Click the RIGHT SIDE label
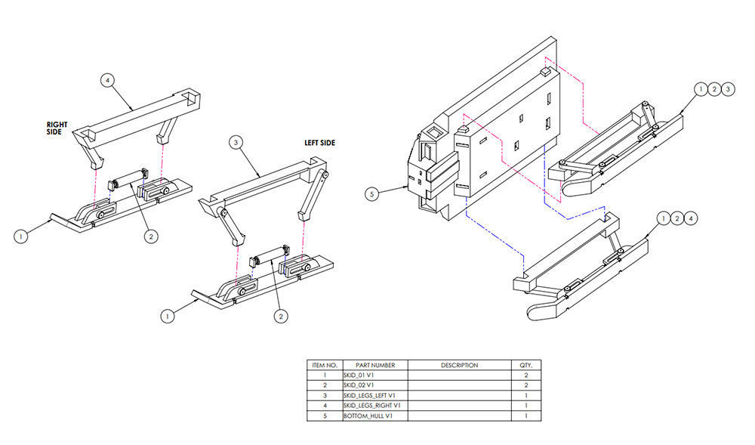pyautogui.click(x=57, y=128)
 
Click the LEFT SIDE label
pyautogui.click(x=319, y=143)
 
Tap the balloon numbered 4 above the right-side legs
pyautogui.click(x=107, y=80)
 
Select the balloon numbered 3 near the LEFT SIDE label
pyautogui.click(x=236, y=142)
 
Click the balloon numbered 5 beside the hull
pyautogui.click(x=371, y=194)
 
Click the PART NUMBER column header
pyautogui.click(x=375, y=365)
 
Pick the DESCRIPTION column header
pyautogui.click(x=459, y=365)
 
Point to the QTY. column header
pyautogui.click(x=525, y=365)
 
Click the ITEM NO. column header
pyautogui.click(x=325, y=365)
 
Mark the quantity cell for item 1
pyautogui.click(x=525, y=375)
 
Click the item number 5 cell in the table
pyautogui.click(x=325, y=416)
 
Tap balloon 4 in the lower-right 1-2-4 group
pyautogui.click(x=691, y=218)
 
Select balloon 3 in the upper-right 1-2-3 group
pyautogui.click(x=728, y=89)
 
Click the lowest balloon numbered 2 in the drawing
pyautogui.click(x=281, y=316)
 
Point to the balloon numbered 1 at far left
pyautogui.click(x=20, y=236)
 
